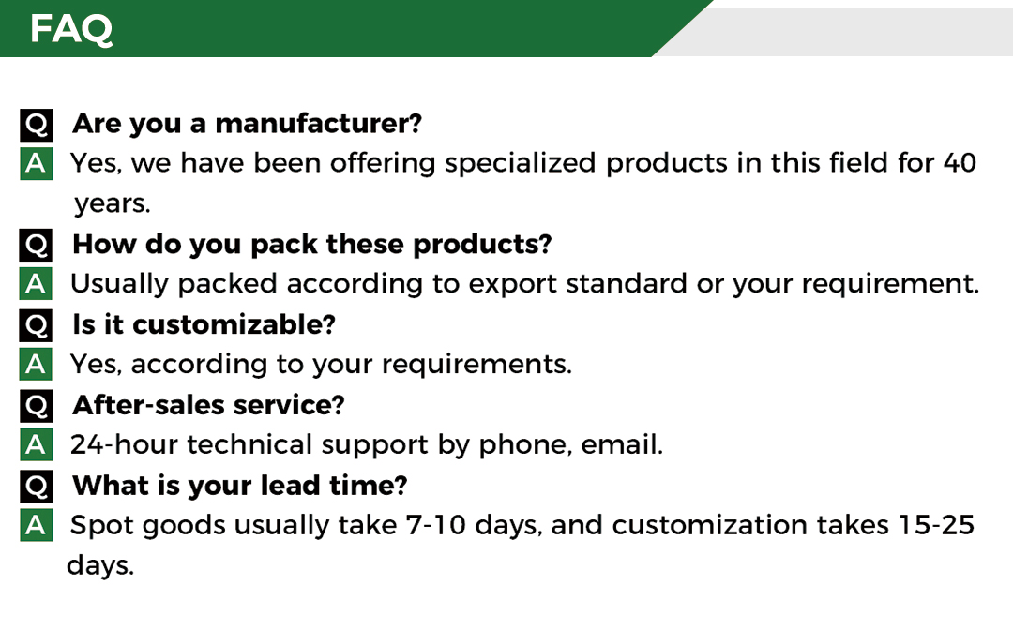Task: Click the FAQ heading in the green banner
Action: tap(71, 29)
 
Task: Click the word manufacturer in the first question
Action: tap(318, 124)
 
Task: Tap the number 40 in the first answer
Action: tap(960, 163)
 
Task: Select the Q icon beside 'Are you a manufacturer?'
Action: tap(37, 125)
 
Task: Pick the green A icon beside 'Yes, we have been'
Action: tap(37, 164)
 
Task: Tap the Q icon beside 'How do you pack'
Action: tap(37, 245)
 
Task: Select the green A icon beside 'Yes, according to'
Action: tap(37, 365)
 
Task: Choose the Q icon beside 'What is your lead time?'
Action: tap(37, 487)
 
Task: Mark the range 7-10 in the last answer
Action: tap(435, 525)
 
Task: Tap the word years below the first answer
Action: tap(112, 204)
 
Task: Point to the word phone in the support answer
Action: tap(525, 446)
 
